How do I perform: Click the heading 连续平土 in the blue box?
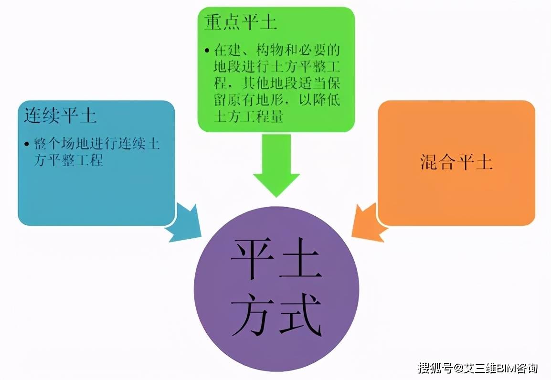pyautogui.click(x=60, y=115)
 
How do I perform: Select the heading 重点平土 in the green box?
pyautogui.click(x=240, y=22)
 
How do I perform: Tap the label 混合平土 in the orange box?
pyautogui.click(x=456, y=162)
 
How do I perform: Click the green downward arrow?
pyautogui.click(x=276, y=165)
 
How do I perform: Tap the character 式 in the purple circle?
pyautogui.click(x=300, y=314)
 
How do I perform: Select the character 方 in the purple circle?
pyautogui.click(x=252, y=314)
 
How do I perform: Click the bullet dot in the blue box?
pyautogui.click(x=27, y=144)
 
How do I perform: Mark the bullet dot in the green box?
pyautogui.click(x=207, y=51)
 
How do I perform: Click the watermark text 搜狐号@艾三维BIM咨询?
pyautogui.click(x=478, y=369)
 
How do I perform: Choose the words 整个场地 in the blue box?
pyautogui.click(x=61, y=144)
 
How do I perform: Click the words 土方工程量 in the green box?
pyautogui.click(x=249, y=116)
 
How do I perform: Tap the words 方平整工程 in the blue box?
pyautogui.click(x=69, y=160)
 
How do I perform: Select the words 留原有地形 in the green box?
pyautogui.click(x=249, y=100)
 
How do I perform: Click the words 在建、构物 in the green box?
pyautogui.click(x=249, y=51)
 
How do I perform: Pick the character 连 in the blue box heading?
pyautogui.click(x=32, y=115)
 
